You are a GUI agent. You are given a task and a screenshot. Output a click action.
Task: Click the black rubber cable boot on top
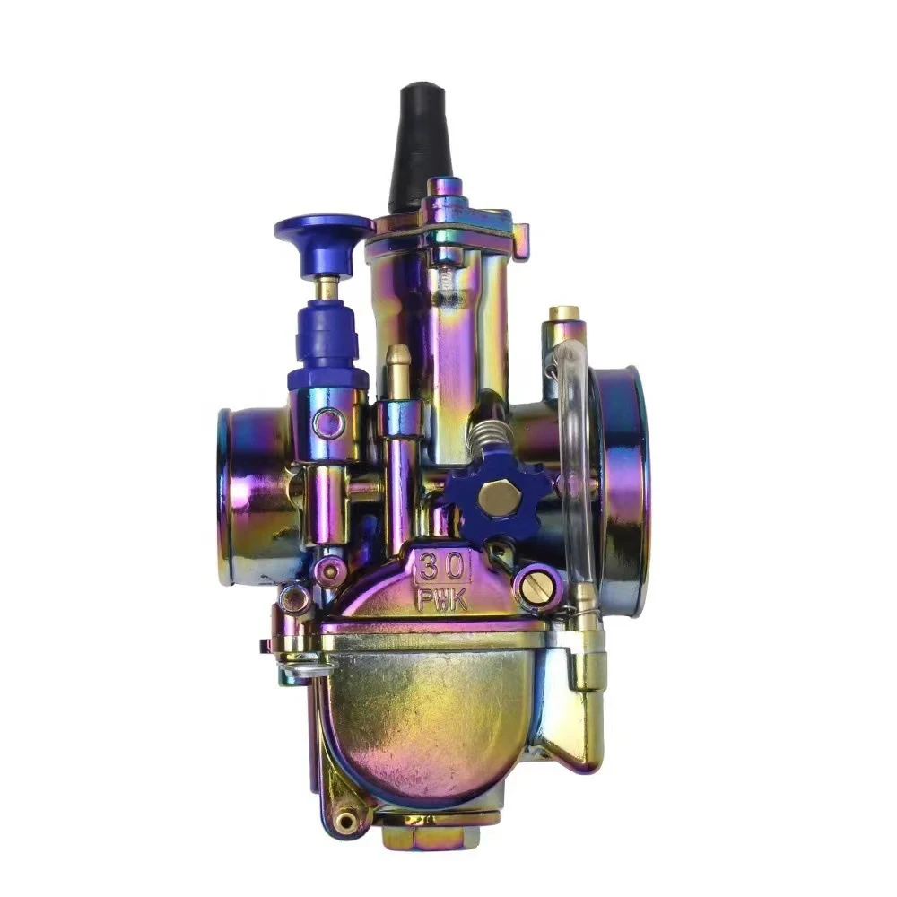click(x=419, y=144)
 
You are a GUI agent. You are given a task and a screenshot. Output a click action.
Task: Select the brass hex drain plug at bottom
click(x=430, y=836)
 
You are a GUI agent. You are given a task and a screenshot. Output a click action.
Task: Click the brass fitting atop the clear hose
click(x=564, y=316)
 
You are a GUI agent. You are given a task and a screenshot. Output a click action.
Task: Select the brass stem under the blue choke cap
click(x=330, y=288)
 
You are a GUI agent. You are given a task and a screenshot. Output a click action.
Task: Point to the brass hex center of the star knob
click(x=494, y=496)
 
